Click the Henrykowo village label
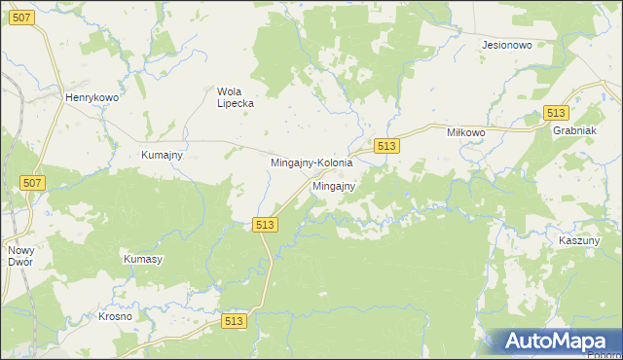coord(91,98)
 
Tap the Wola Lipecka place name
coord(234,97)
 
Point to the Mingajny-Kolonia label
coord(311,163)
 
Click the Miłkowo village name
coord(465,131)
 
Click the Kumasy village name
coord(142,260)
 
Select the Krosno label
coord(115,317)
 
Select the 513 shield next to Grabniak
coord(557,113)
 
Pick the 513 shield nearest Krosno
coord(234,321)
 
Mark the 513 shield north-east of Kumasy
coord(265,225)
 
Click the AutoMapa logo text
coord(568,342)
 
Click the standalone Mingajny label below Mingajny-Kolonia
coord(333,185)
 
